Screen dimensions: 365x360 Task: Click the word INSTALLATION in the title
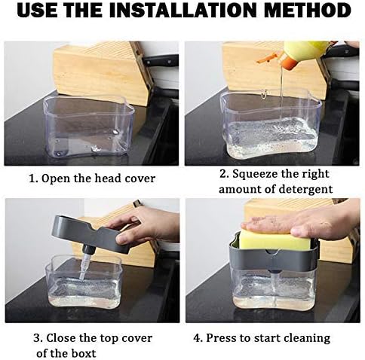point(184,11)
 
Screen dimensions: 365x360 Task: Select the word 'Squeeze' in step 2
point(253,174)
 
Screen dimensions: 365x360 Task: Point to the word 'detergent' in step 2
point(305,190)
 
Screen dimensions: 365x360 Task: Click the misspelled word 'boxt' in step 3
point(84,353)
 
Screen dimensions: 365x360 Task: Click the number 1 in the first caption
point(32,178)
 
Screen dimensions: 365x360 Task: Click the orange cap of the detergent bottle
point(288,63)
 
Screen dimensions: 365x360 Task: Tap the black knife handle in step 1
point(161,60)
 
